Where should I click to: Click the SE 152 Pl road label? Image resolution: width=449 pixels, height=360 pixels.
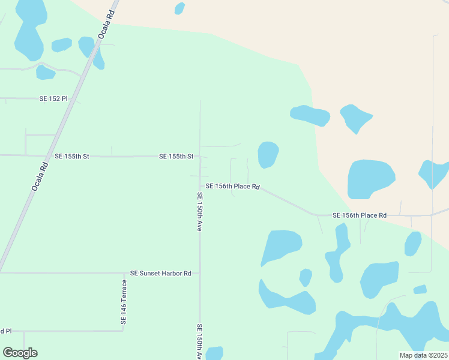coord(53,98)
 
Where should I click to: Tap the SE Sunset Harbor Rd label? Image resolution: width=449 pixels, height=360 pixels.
coord(160,273)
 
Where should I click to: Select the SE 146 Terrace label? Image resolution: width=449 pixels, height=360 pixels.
coord(124,302)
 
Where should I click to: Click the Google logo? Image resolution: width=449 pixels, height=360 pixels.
coord(20,352)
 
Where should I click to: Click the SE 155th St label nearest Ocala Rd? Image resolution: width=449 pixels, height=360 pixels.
coord(71,156)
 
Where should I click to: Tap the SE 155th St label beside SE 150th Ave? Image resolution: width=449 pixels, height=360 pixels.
coord(176,156)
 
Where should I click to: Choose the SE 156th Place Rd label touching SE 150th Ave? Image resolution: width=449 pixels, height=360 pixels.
coord(232,187)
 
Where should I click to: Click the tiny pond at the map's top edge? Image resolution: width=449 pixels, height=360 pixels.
coord(179,8)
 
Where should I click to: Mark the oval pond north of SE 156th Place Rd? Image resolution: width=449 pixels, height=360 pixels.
coord(268,154)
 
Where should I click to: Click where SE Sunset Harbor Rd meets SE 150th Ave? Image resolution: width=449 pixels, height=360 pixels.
coord(200,273)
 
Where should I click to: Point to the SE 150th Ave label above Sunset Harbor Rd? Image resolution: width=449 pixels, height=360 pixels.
coord(200,212)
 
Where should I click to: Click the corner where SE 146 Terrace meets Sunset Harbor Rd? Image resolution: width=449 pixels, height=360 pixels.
coord(124,273)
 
